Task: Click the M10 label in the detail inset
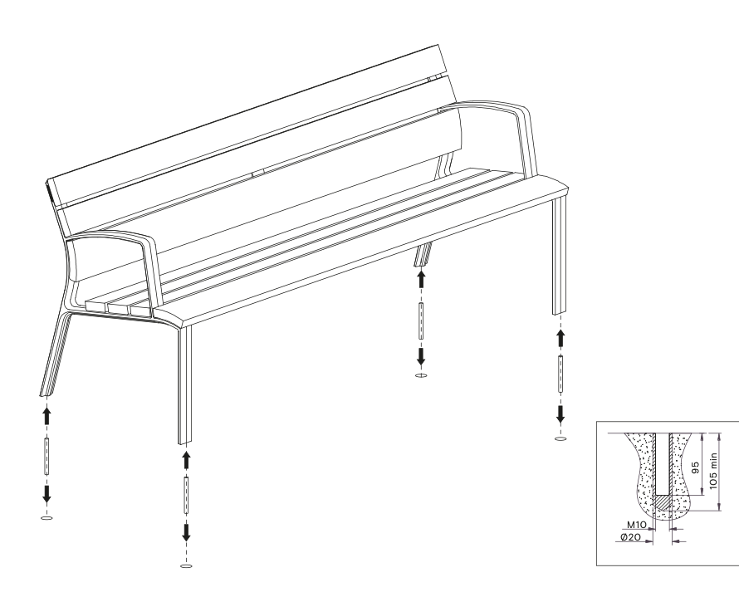(636, 525)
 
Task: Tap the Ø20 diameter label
(630, 537)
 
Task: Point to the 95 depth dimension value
(695, 468)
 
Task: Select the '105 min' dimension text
(713, 472)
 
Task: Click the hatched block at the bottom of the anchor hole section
(663, 502)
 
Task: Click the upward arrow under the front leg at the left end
(186, 460)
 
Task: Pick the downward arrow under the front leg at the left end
(186, 532)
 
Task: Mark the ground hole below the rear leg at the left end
(46, 518)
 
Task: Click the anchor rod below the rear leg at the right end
(421, 321)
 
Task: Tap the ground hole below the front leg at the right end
(560, 439)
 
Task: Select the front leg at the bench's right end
(560, 256)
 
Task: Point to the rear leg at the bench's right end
(423, 254)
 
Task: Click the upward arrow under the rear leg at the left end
(46, 416)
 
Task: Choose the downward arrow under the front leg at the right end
(560, 413)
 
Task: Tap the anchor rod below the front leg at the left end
(186, 496)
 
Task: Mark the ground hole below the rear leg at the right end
(421, 375)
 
